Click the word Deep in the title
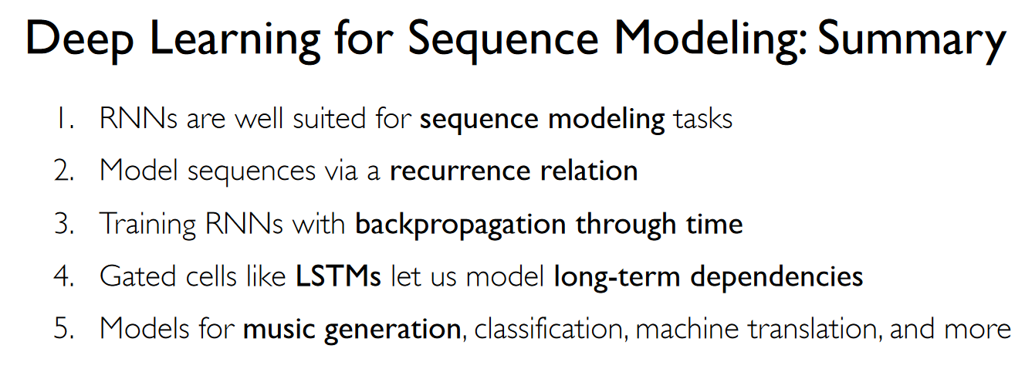pyautogui.click(x=79, y=39)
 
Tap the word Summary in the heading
pyautogui.click(x=912, y=40)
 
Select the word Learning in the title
pyautogui.click(x=235, y=40)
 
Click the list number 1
pyautogui.click(x=64, y=118)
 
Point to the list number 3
pyautogui.click(x=64, y=224)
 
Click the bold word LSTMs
pyautogui.click(x=338, y=276)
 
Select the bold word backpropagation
pyautogui.click(x=461, y=225)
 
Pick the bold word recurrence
pyautogui.click(x=460, y=171)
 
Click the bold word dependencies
pyautogui.click(x=776, y=277)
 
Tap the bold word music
pyautogui.click(x=279, y=329)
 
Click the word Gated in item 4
pyautogui.click(x=137, y=276)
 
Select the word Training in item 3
pyautogui.click(x=147, y=225)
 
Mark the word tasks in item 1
pyautogui.click(x=702, y=119)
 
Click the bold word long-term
pyautogui.click(x=617, y=277)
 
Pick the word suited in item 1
pyautogui.click(x=329, y=118)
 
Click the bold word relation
pyautogui.click(x=588, y=171)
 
